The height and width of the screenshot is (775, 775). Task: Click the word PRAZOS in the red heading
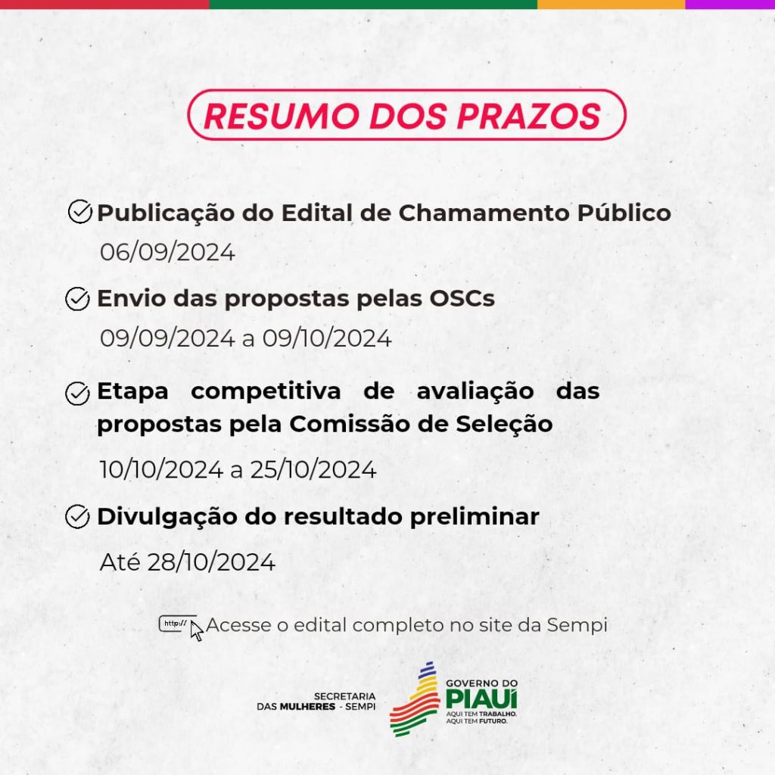point(529,116)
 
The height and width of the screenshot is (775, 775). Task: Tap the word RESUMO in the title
point(282,116)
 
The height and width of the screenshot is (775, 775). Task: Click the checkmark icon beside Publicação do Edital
point(80,212)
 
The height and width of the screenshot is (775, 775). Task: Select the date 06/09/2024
point(167,252)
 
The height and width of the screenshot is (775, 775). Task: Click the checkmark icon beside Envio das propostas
point(78,298)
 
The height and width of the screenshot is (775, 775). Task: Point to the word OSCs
point(462,298)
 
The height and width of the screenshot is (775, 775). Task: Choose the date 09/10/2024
point(327,338)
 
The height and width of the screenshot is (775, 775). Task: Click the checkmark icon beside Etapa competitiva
point(78,394)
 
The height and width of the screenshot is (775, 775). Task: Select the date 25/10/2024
point(313,469)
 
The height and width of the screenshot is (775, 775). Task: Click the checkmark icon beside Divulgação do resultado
point(78,516)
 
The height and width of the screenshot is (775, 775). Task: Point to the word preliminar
point(475,516)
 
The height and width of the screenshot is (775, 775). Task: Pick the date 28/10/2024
point(211,562)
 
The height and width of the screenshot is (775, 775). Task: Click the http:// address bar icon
point(177,624)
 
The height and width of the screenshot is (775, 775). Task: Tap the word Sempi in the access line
point(577,625)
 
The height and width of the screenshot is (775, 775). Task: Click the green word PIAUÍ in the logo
point(481,699)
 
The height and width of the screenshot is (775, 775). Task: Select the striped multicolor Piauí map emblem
point(416,699)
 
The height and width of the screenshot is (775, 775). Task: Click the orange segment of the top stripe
point(611,4)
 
